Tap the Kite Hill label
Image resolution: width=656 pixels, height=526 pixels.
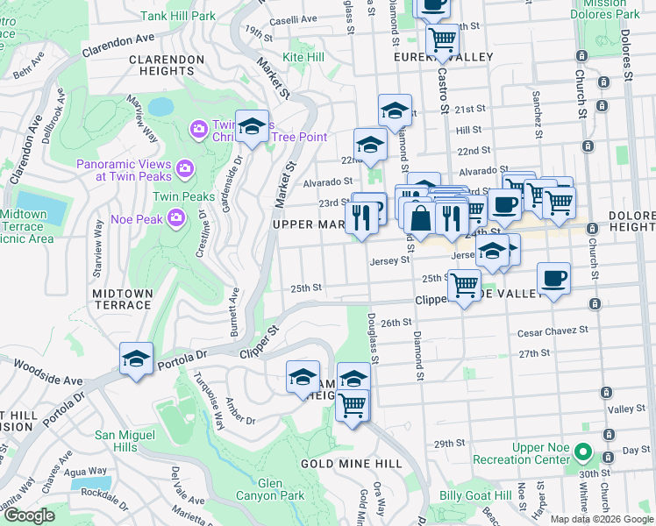point(303,56)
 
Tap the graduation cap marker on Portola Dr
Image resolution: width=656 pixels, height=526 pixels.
point(137,359)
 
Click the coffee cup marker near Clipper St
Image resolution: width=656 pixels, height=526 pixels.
point(553,280)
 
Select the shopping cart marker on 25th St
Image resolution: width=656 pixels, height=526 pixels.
point(464,284)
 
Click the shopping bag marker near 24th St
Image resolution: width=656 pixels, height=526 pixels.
point(421,219)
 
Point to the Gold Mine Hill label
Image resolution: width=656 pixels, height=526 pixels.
point(351,463)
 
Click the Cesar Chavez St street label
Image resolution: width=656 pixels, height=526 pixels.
point(553,331)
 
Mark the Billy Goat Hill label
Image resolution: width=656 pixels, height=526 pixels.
point(475,495)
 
